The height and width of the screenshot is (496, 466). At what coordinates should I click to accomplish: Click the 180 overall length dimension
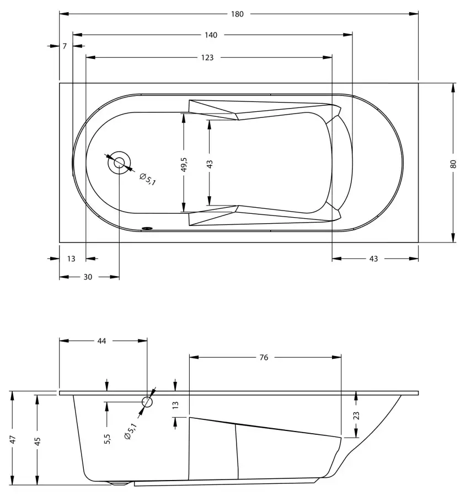237,14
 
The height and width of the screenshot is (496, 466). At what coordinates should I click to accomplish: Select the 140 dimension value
211,35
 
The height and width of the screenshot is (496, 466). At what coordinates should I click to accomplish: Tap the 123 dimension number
207,57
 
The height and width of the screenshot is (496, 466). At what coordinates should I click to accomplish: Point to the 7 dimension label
65,46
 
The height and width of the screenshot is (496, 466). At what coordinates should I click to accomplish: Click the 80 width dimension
453,164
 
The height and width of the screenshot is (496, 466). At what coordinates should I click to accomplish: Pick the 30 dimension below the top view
88,277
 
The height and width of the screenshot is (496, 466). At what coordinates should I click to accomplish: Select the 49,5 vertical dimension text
184,164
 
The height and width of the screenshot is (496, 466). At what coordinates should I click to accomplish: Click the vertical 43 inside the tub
210,164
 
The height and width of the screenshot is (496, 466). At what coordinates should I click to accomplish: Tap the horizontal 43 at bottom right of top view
373,259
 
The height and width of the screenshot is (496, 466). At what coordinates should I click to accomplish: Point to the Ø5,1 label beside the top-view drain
148,179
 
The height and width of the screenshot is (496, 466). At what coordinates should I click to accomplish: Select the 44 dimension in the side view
101,341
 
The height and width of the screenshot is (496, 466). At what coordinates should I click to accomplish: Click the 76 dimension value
264,358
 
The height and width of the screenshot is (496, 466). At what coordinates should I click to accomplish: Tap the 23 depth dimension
356,416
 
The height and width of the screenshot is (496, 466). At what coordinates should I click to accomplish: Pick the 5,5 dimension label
108,439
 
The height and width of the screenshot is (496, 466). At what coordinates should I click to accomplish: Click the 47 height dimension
13,440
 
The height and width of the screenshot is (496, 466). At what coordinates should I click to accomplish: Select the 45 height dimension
38,441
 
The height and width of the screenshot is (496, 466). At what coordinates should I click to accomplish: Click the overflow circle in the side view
147,397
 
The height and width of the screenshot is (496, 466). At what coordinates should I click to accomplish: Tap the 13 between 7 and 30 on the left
71,259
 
